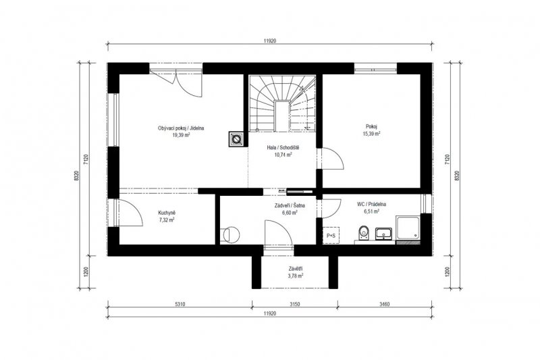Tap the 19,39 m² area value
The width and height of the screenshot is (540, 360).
tap(181, 135)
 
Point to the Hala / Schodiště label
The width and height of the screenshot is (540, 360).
tap(283, 148)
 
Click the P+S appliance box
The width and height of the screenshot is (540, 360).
tap(331, 236)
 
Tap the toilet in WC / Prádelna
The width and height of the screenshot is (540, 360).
tap(363, 233)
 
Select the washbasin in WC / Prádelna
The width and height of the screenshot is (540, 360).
tap(383, 233)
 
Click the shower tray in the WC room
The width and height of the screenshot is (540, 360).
tap(408, 228)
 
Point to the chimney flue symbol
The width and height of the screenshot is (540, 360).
tap(236, 139)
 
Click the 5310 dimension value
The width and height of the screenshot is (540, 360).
tap(180, 304)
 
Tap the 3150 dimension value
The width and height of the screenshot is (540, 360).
tap(295, 304)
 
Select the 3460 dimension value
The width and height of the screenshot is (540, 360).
tap(384, 304)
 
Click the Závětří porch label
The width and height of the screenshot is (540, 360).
tap(296, 269)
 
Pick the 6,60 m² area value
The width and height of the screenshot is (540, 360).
tap(290, 213)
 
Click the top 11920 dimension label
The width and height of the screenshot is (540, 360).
tap(270, 41)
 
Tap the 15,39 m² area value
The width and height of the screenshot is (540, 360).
tap(372, 134)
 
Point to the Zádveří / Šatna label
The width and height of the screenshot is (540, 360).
tap(290, 205)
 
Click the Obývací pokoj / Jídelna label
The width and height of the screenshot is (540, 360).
tap(181, 128)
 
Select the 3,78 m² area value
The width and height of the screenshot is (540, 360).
tap(296, 276)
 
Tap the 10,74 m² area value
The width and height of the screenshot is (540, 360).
tap(283, 155)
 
